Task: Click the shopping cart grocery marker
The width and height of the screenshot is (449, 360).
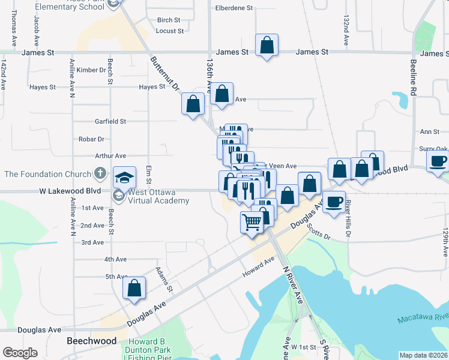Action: (252, 222)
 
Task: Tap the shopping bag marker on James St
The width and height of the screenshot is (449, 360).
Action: (267, 45)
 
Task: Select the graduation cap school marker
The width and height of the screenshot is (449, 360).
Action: (124, 177)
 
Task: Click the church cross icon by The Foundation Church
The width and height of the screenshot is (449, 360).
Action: (101, 174)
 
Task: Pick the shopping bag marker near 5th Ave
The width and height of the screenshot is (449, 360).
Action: (134, 287)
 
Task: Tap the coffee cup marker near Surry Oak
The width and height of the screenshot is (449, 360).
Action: (438, 160)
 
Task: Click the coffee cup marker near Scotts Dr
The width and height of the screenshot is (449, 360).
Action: (334, 202)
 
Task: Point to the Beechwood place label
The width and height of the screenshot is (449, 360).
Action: (91, 341)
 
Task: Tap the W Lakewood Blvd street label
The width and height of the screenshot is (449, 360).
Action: (70, 191)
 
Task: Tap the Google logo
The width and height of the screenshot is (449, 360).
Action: (20, 353)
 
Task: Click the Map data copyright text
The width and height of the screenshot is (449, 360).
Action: (423, 355)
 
